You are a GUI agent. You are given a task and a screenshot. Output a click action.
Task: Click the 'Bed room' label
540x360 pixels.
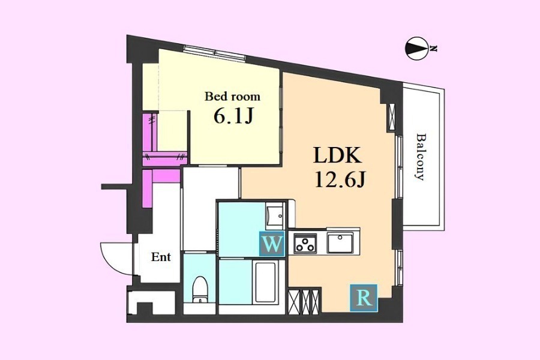232,96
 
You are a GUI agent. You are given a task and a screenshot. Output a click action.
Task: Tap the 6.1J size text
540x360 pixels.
234,117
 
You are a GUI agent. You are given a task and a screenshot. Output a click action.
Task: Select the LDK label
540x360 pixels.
337,155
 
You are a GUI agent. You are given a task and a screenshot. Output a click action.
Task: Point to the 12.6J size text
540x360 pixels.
340,179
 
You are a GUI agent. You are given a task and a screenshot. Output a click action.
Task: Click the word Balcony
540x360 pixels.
420,157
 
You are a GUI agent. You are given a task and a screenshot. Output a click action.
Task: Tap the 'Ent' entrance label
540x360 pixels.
161,257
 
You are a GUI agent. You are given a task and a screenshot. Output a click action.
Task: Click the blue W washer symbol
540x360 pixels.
272,244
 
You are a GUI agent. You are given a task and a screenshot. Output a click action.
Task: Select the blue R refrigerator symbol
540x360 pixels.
364,298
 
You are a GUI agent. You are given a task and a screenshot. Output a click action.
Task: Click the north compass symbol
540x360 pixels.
417,49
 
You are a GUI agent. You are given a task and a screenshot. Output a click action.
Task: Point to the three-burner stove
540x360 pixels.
305,243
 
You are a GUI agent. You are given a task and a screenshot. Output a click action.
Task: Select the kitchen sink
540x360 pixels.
340,243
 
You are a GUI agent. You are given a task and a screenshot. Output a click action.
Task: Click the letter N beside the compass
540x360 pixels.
434,49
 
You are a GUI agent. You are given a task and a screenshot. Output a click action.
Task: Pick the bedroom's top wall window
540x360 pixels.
214,53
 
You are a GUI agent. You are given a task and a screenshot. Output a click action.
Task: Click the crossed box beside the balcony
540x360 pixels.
392,117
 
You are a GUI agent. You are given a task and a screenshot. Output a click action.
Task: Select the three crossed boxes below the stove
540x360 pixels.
304,302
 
